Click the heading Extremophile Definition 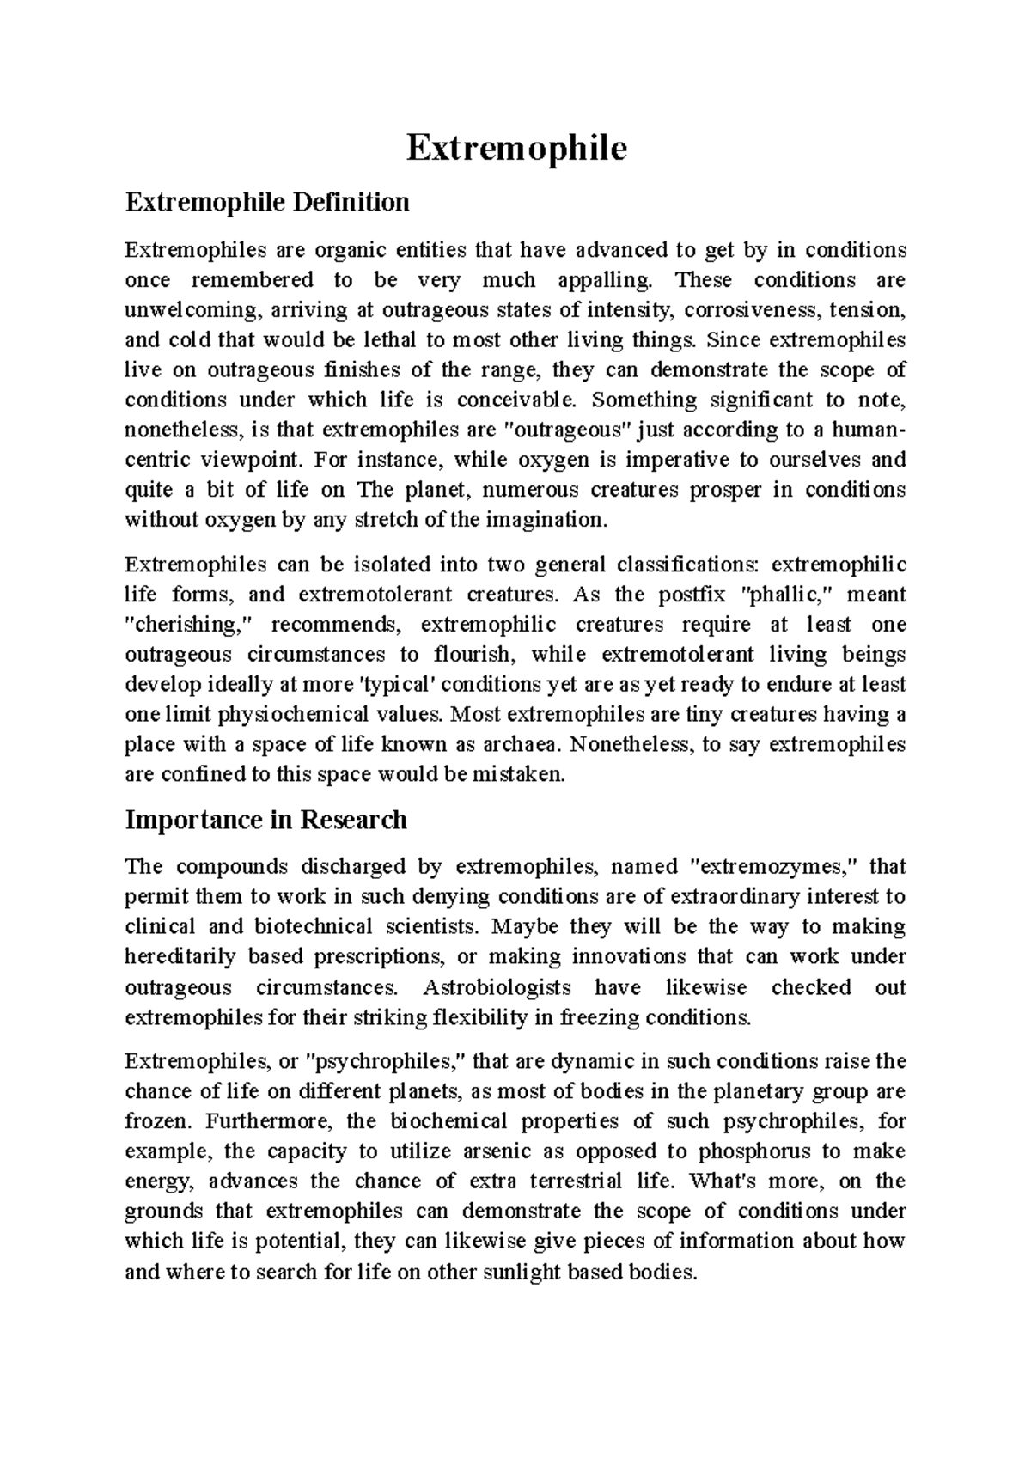click(x=267, y=203)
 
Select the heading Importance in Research click(x=265, y=820)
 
